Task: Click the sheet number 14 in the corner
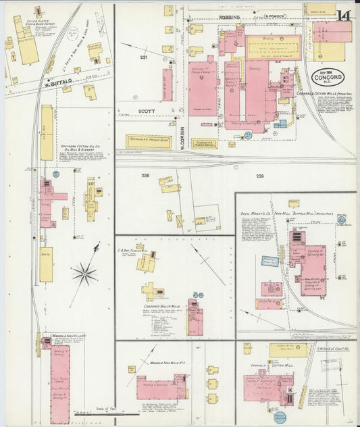(344, 15)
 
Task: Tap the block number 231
(143, 57)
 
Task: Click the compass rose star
(84, 274)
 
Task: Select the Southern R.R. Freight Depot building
(149, 142)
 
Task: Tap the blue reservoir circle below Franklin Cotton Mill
(281, 417)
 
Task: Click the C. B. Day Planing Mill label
(138, 251)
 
